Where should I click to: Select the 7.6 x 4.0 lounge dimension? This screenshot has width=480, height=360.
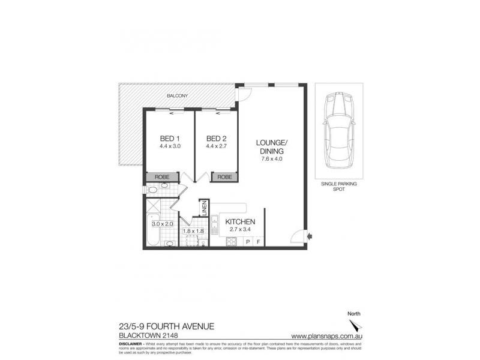coord(272,159)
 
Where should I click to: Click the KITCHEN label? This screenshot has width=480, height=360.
coord(241,221)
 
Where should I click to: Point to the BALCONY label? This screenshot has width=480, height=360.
coord(177,96)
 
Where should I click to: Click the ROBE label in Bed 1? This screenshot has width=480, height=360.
coord(163,178)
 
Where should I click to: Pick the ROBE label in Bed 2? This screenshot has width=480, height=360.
coord(224,178)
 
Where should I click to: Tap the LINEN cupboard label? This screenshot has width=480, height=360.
coord(205,206)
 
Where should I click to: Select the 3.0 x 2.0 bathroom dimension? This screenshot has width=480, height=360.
coord(162,224)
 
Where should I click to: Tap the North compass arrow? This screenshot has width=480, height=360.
coord(356,326)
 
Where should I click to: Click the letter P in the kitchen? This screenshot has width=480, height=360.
coord(248,242)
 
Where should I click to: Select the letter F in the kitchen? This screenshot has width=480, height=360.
coord(258,242)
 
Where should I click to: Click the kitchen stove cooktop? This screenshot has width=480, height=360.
coord(230,242)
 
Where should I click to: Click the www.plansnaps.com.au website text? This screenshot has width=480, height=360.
coord(326,336)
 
